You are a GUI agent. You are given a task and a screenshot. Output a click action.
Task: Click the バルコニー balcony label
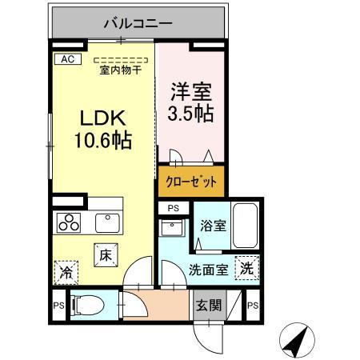[x=137, y=24]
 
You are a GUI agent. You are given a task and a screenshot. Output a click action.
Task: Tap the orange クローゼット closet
[x=191, y=182]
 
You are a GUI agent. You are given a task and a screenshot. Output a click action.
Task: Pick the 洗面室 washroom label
[x=208, y=270]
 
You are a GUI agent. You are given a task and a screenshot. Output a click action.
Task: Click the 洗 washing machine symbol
[x=247, y=269]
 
